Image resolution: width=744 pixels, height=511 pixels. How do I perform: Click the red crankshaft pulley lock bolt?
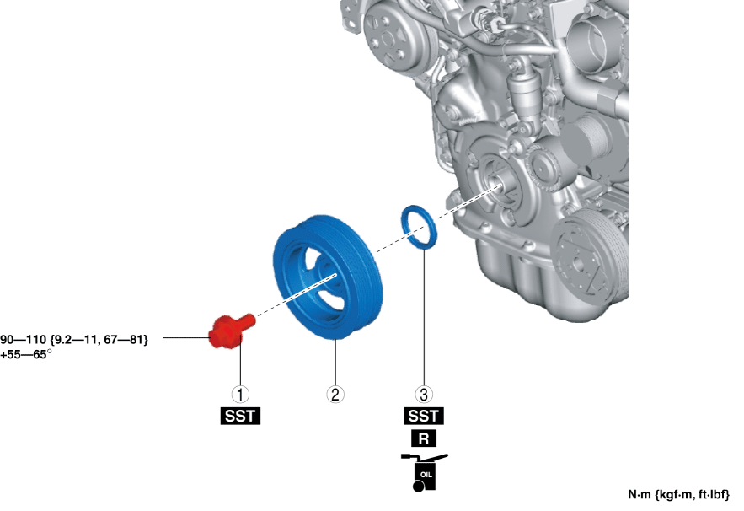click(231, 331)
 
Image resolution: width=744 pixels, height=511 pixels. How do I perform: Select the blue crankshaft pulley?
click(328, 277)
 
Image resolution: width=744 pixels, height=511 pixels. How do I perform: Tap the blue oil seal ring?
click(420, 227)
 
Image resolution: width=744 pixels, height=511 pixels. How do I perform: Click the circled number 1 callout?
click(240, 394)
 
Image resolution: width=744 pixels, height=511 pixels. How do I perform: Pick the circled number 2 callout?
click(335, 394)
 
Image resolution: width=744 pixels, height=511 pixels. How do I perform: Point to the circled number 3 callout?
click(424, 394)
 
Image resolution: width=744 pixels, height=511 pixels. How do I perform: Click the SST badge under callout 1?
click(240, 416)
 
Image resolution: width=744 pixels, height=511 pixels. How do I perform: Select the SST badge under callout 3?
click(424, 416)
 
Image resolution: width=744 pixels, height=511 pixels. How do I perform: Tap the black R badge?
click(424, 438)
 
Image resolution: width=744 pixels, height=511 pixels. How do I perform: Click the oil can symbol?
click(424, 472)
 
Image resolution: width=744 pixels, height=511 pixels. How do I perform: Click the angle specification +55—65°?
click(25, 355)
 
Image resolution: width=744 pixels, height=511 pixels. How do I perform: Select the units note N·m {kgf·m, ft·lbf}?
click(678, 495)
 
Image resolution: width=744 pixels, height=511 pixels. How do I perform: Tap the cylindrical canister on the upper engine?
click(523, 95)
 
